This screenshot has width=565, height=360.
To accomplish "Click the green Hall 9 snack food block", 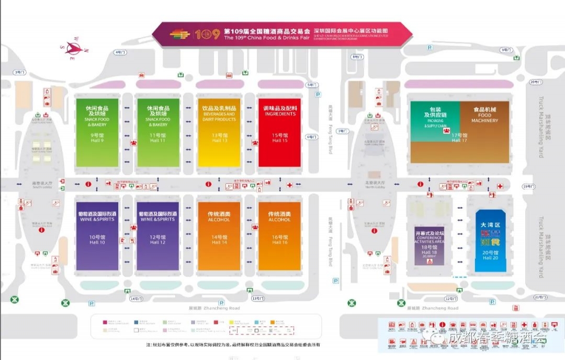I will [x=97, y=132].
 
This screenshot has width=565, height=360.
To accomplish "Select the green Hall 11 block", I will [x=157, y=132].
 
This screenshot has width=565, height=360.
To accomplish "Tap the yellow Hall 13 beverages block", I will [x=219, y=132].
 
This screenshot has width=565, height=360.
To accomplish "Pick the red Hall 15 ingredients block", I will [x=280, y=132].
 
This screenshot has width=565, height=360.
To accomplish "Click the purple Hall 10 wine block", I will [x=97, y=236].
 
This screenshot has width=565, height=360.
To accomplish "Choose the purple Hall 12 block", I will [x=157, y=236].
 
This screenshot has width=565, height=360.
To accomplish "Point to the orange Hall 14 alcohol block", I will [x=219, y=236].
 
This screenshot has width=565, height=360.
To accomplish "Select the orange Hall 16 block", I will [x=280, y=236].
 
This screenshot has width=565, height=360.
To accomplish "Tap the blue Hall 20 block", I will [x=491, y=241].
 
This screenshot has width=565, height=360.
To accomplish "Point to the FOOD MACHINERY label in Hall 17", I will [x=484, y=116].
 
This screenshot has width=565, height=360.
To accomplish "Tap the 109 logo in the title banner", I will [x=208, y=35].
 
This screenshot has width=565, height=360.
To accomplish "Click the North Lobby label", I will [x=375, y=185].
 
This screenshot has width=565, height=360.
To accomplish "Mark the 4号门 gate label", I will [x=120, y=52].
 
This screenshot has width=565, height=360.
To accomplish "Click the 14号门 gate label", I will [x=135, y=298].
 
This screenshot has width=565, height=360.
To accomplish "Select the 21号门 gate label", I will [x=540, y=297].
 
